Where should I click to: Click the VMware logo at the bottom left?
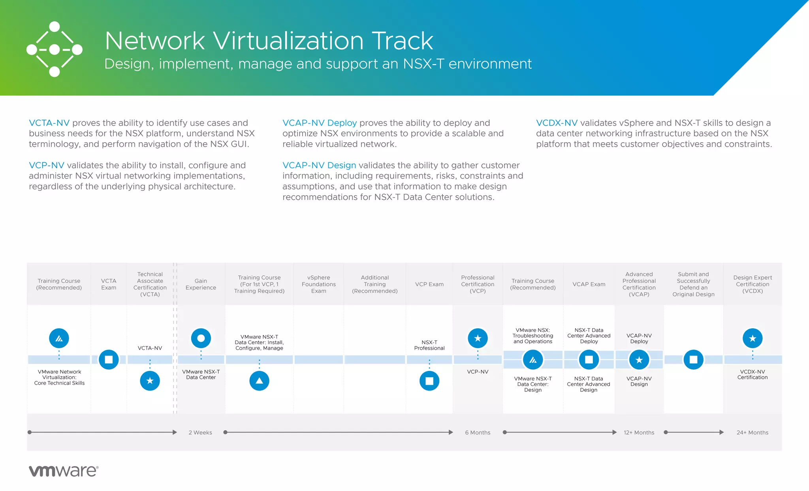[63, 471]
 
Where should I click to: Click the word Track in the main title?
[402, 41]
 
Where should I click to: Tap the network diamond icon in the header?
[55, 49]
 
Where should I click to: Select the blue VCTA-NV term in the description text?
[49, 123]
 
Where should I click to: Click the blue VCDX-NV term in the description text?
[557, 123]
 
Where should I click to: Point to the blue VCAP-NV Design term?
[319, 165]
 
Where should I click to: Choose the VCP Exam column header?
[429, 284]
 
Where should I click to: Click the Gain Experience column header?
[201, 284]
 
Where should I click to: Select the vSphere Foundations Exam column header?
[319, 284]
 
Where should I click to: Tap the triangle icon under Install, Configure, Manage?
[259, 381]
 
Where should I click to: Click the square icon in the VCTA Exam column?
[109, 359]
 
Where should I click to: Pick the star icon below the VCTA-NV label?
[150, 381]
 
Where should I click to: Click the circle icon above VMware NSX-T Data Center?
[201, 338]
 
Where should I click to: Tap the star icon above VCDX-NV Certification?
[753, 338]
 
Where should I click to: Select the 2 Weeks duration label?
[200, 433]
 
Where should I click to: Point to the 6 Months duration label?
[478, 433]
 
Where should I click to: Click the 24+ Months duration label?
[753, 433]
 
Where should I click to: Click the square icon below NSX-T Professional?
[429, 381]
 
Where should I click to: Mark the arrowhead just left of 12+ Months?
[614, 432]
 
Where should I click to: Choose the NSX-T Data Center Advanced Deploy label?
[589, 336]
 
